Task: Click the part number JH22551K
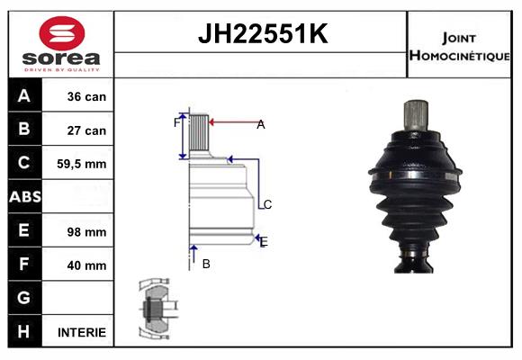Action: coord(261,35)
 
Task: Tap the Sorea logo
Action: coord(62,44)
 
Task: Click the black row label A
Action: coord(24,96)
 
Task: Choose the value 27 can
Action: coord(87,130)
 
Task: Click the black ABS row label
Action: coord(24,197)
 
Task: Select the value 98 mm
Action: coord(87,231)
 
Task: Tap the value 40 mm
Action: coord(87,265)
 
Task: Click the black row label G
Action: coord(24,298)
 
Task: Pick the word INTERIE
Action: coord(82,332)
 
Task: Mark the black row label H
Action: coord(24,331)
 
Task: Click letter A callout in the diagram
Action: coord(260,125)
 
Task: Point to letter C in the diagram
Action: coord(267,204)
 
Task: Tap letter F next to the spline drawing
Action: coord(176,122)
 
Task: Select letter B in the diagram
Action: coord(206,264)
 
